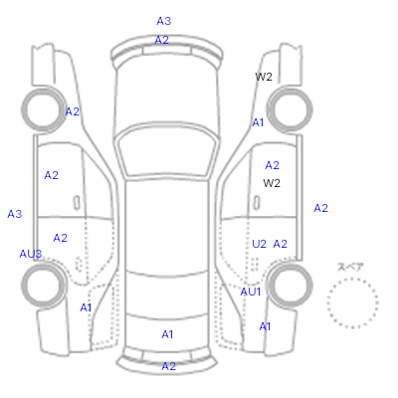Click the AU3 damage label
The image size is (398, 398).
31,254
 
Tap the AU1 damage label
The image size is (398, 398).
251,292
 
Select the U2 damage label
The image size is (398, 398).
259,244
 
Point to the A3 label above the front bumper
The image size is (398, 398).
164,21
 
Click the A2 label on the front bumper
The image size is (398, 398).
162,40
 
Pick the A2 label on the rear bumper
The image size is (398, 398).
168,366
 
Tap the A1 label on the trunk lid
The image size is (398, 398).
167,334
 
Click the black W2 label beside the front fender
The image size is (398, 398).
264,77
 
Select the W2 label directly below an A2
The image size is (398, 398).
272,183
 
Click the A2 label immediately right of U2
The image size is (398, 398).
281,244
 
